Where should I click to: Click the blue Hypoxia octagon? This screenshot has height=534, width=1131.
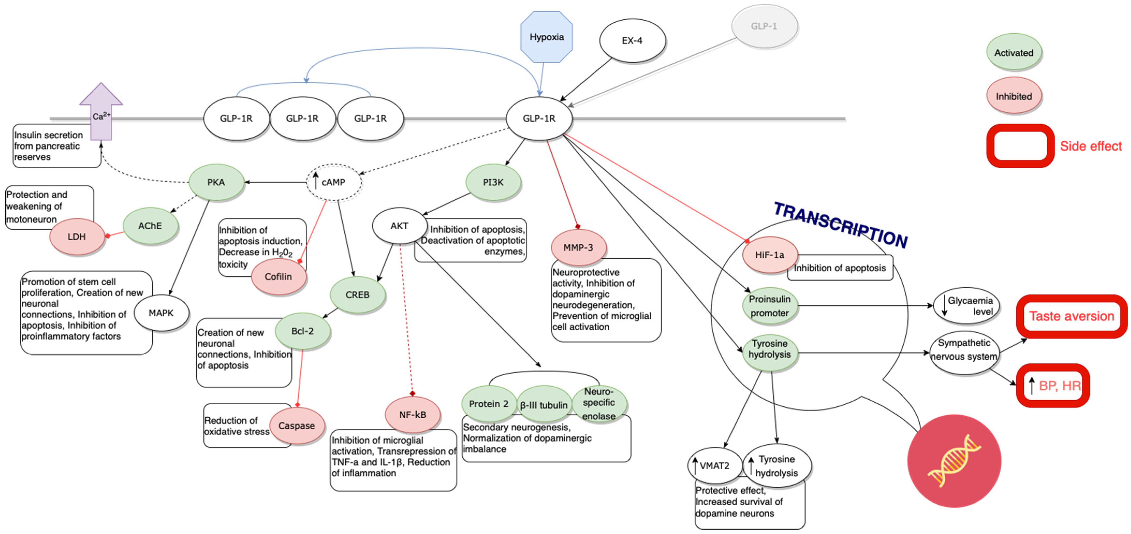(x=546, y=37)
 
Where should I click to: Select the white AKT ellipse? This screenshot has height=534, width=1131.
(x=399, y=226)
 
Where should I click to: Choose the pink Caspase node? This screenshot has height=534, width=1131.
(x=297, y=426)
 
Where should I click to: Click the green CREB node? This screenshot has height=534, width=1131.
(x=357, y=295)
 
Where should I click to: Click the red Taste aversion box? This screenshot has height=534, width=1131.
(x=1071, y=316)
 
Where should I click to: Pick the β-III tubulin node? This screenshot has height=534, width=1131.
(x=544, y=405)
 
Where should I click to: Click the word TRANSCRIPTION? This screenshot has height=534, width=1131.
(x=840, y=225)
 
